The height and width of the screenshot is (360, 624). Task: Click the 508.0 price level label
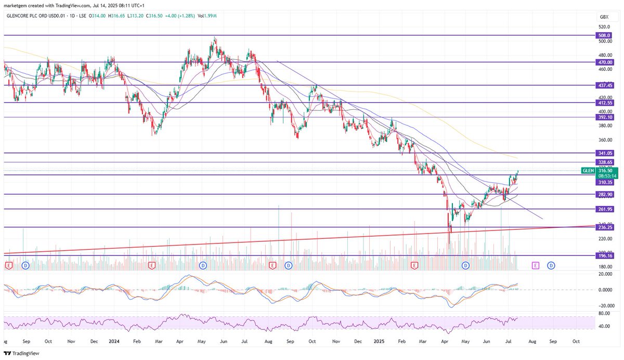coord(604,35)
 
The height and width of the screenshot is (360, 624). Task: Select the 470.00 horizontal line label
coord(604,62)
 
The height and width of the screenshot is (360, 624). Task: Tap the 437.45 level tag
coord(604,85)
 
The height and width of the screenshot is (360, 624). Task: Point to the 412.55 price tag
coord(604,103)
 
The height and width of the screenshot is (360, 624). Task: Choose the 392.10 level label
coord(604,118)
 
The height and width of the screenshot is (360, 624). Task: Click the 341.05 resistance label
coord(604,153)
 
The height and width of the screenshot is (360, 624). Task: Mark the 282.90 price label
coord(604,194)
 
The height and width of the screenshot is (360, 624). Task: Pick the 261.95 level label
coord(604,209)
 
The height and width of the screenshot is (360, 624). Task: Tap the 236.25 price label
coord(604,227)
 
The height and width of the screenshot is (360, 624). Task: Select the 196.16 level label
coord(604,256)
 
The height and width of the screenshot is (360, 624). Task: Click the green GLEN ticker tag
coord(588,170)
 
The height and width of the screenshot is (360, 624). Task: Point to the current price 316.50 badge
coord(604,170)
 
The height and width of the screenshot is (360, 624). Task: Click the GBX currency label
coord(604,17)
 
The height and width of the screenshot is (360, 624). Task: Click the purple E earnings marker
coord(536,265)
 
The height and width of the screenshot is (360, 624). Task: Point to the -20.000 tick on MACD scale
coord(604,306)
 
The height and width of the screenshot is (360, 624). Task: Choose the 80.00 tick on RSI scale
coord(604,314)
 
